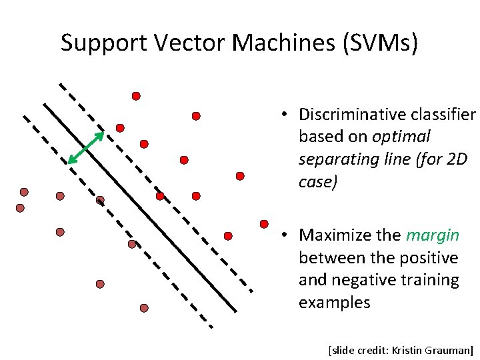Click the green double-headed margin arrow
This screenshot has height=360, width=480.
(x=86, y=147)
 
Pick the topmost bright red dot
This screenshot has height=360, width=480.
(x=136, y=96)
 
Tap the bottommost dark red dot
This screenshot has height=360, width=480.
(x=144, y=308)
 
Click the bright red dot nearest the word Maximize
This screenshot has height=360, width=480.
(x=264, y=223)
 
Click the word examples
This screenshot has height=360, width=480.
(x=334, y=303)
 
